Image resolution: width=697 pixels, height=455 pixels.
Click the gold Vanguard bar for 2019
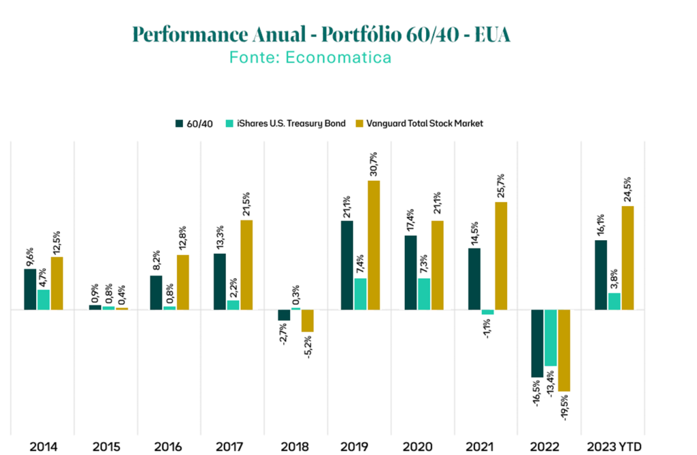pos(374,246)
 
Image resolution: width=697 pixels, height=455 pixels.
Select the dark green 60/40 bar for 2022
pos(538,343)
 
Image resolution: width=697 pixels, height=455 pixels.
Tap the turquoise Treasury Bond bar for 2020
pos(424,294)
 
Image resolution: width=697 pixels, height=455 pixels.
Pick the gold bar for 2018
pos(308,321)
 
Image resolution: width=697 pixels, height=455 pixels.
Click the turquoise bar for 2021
pos(487,312)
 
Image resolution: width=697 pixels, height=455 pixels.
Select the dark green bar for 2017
pos(220,282)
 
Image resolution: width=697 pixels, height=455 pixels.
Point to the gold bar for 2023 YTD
pos(628,258)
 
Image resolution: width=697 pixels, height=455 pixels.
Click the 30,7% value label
pos(374,164)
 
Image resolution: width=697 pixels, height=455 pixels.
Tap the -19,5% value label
pos(564,407)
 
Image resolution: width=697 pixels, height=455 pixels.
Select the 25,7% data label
pos(500,186)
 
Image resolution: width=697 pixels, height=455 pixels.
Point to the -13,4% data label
pos(550,383)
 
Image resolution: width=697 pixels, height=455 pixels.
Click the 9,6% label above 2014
pos(30,257)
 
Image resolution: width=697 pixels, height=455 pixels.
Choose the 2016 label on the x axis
pos(169,446)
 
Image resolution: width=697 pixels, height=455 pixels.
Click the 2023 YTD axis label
pos(615,446)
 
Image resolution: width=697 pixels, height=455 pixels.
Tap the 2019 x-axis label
pos(354,446)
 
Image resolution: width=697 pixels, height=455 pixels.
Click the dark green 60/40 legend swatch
pos(179,124)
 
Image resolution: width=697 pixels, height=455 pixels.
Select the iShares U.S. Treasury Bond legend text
pos(291,124)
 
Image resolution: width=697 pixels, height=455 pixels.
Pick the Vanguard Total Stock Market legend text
pos(425,124)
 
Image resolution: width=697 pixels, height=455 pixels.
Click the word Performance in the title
pos(191,35)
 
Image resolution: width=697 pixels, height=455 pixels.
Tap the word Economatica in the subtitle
pos(338,57)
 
